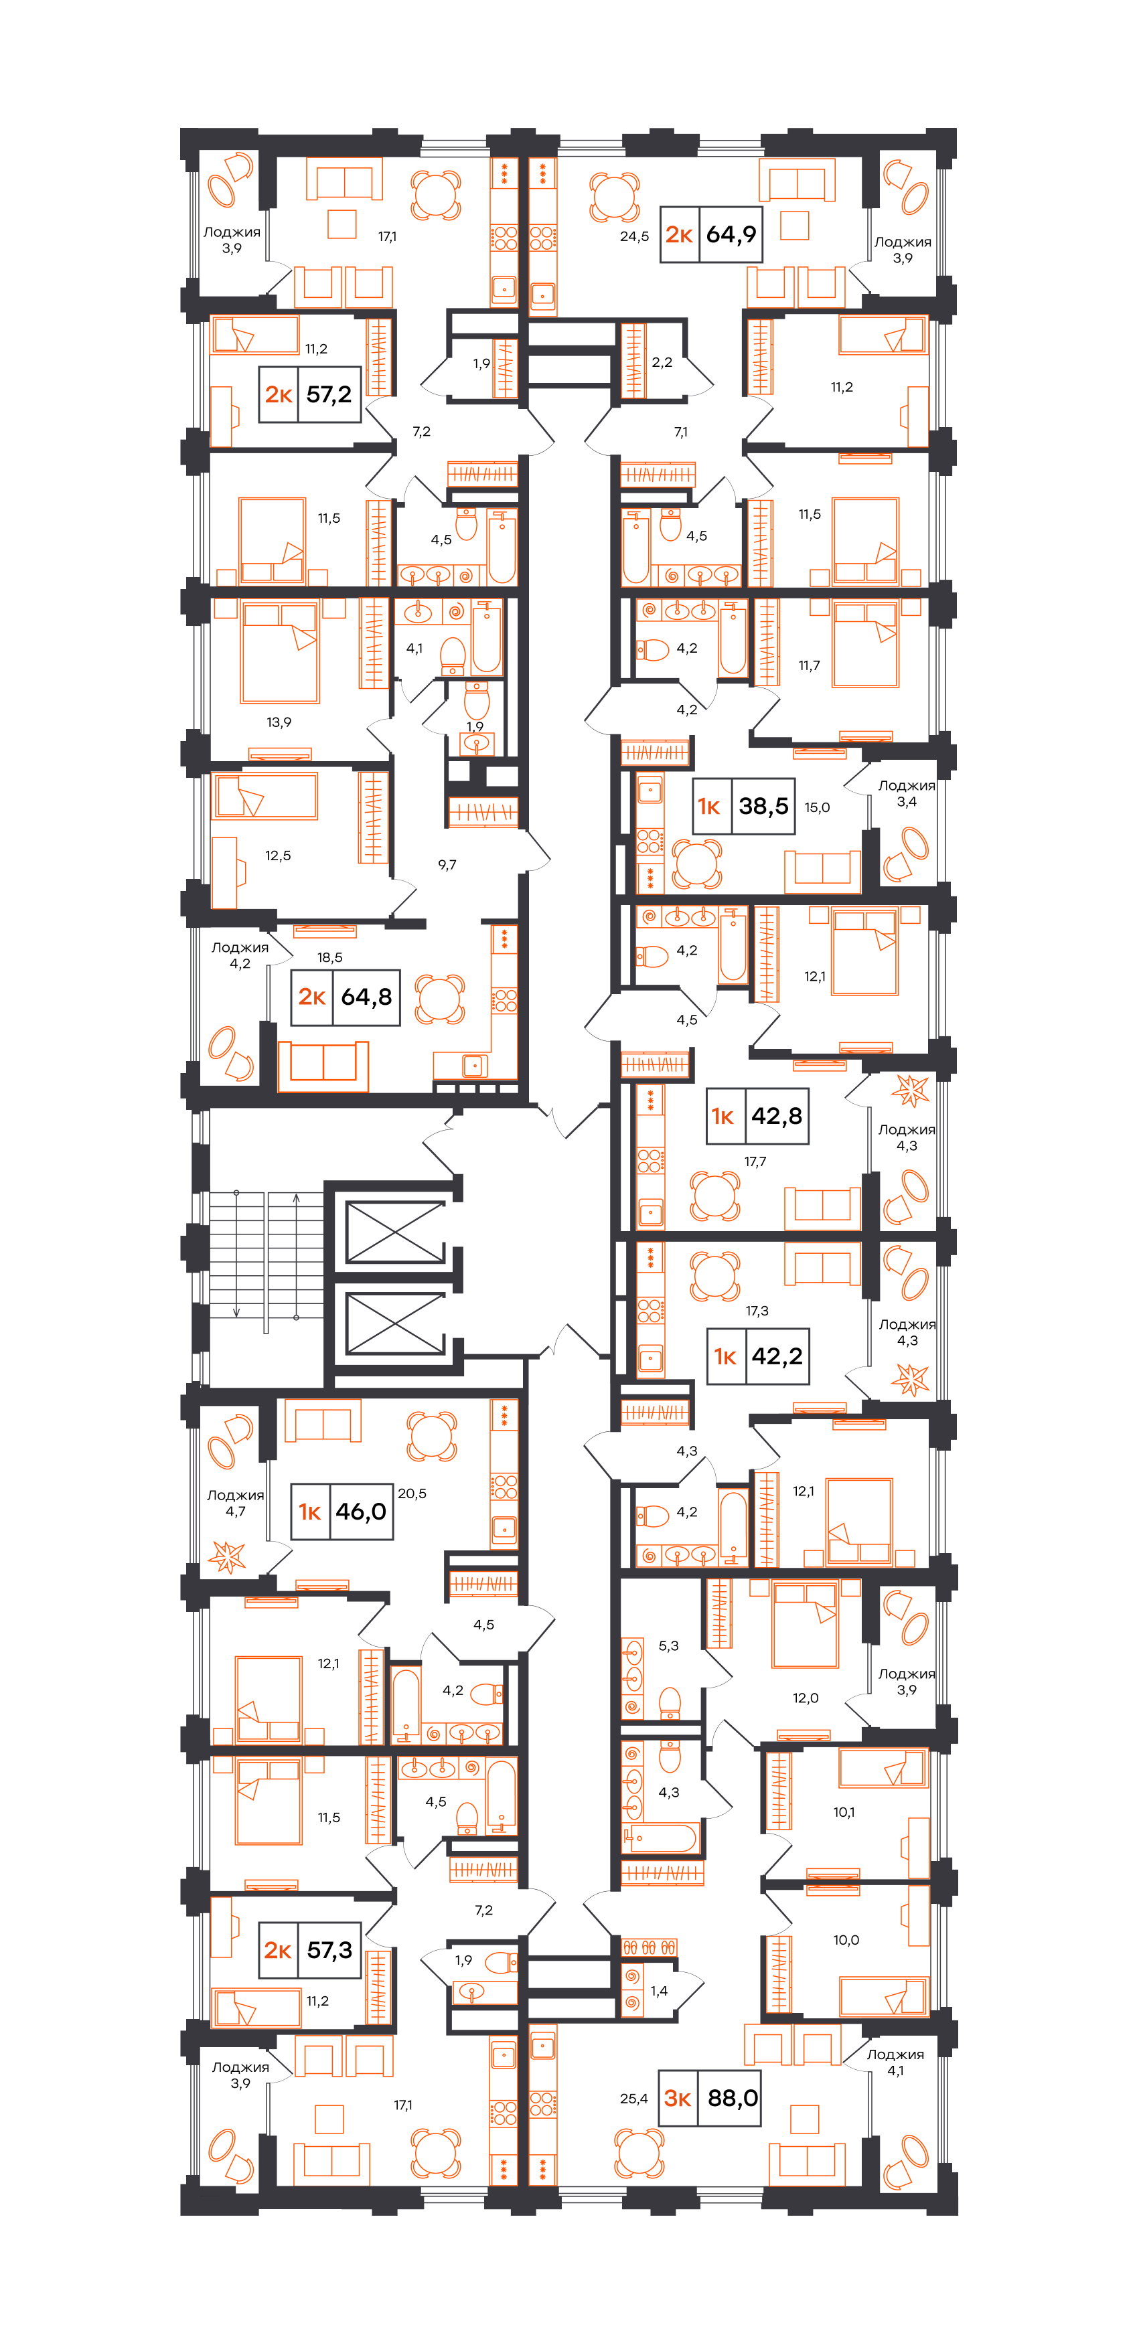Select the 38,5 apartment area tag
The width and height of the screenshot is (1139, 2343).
pyautogui.click(x=763, y=806)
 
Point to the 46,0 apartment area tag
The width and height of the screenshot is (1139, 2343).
pyautogui.click(x=361, y=1512)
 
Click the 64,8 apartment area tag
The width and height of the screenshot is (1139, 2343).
pyautogui.click(x=367, y=997)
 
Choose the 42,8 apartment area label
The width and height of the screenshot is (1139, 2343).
pyautogui.click(x=777, y=1116)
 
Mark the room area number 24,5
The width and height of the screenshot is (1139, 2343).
pyautogui.click(x=634, y=236)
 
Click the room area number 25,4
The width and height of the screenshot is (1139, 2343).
pyautogui.click(x=634, y=2099)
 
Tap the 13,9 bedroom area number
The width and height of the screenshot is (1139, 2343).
pyautogui.click(x=279, y=722)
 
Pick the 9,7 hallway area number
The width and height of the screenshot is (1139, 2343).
pyautogui.click(x=447, y=865)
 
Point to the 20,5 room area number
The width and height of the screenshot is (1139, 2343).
pyautogui.click(x=412, y=1493)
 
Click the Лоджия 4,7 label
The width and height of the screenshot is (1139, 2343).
pyautogui.click(x=236, y=1504)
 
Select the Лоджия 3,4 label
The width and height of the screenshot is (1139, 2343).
pyautogui.click(x=906, y=794)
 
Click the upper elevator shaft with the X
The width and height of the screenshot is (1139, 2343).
pyautogui.click(x=395, y=1232)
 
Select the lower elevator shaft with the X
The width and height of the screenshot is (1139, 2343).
pyautogui.click(x=395, y=1323)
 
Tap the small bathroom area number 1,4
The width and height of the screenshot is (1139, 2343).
pyautogui.click(x=659, y=1991)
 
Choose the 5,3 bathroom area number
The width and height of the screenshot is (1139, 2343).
pyautogui.click(x=669, y=1646)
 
